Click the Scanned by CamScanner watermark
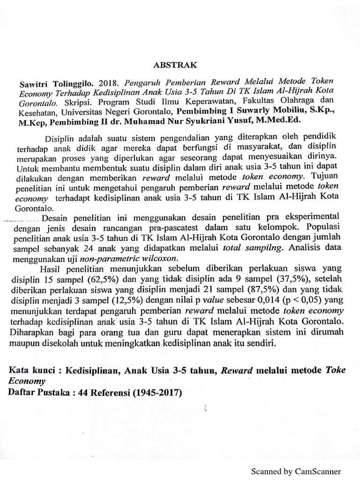296,472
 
